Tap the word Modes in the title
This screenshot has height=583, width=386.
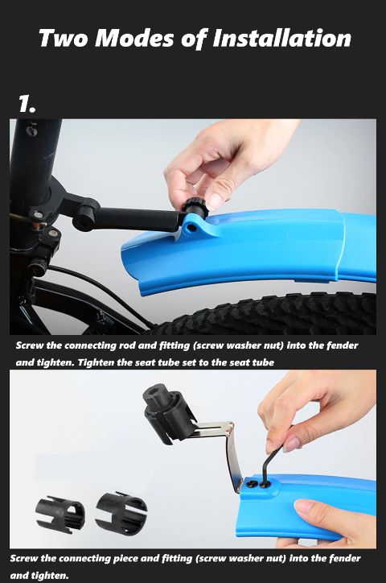pyautogui.click(x=135, y=38)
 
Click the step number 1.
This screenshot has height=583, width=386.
pyautogui.click(x=27, y=103)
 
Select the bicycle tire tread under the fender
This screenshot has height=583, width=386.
pyautogui.click(x=267, y=312)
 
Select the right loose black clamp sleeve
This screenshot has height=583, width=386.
pyautogui.click(x=121, y=511)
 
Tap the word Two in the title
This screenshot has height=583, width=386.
pyautogui.click(x=63, y=38)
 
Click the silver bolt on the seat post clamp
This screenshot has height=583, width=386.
pyautogui.click(x=38, y=215)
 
